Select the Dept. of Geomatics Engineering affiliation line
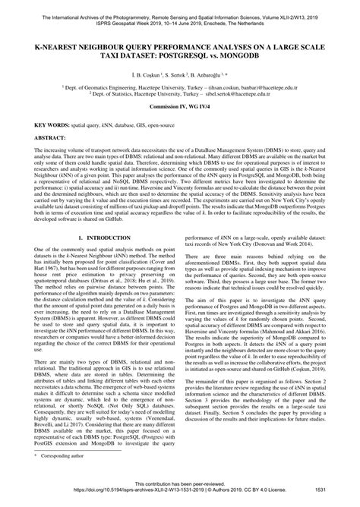[180, 89]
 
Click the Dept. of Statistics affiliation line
[180, 96]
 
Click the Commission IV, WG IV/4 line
[180, 112]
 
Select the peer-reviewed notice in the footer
[180, 491]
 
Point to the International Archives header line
[180, 5]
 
